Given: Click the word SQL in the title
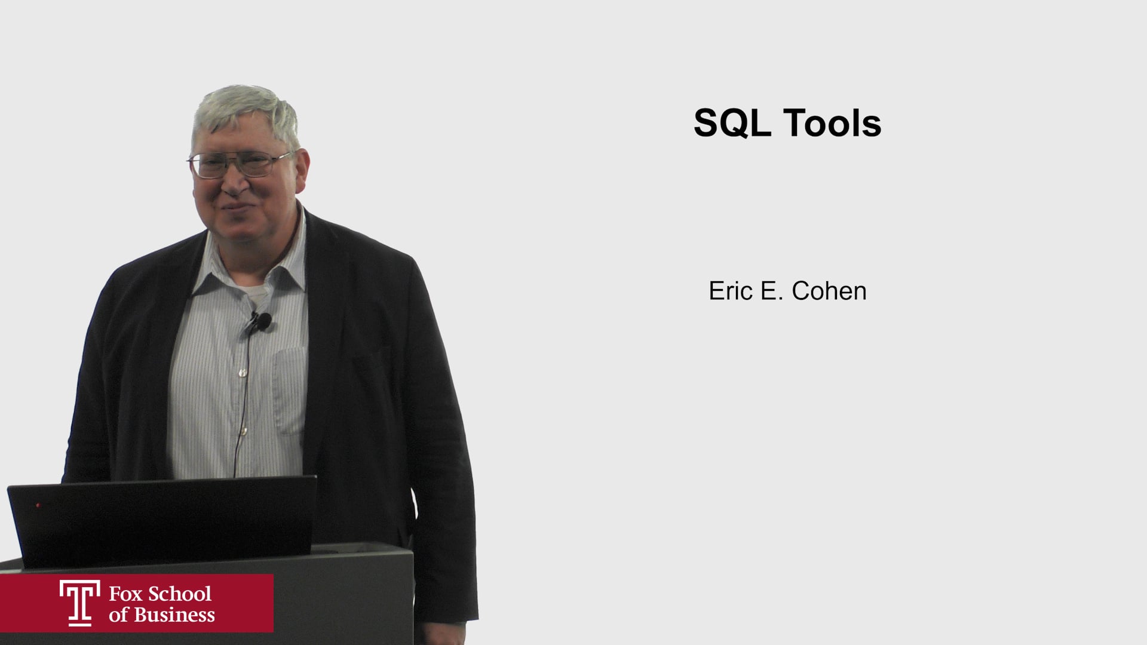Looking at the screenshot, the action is click(732, 124).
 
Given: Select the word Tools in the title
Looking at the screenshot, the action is click(832, 123).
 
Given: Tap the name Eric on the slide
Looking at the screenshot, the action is click(730, 291).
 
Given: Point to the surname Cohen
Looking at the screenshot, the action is click(829, 291).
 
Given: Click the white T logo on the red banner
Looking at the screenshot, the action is click(79, 603).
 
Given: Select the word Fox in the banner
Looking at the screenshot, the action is click(125, 594).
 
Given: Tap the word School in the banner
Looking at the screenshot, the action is click(179, 594).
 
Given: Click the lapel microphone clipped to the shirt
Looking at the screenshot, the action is click(261, 322).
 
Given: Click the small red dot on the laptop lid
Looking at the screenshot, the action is click(38, 505).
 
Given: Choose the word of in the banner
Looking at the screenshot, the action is click(118, 615).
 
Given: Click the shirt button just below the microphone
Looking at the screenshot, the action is click(243, 373).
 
